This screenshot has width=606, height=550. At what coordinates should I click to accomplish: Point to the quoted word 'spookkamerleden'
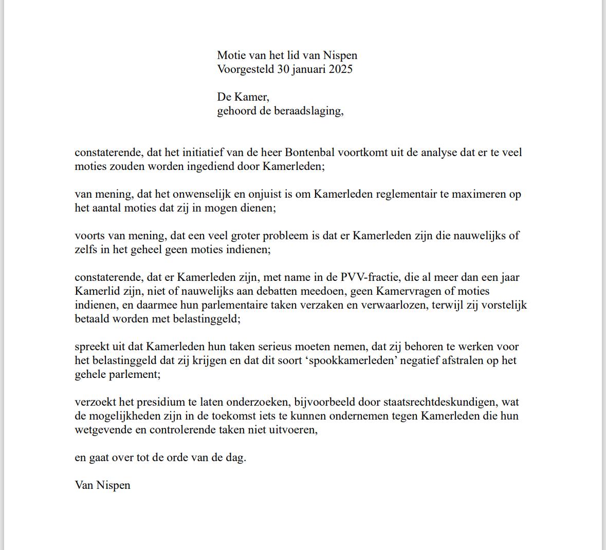click(x=351, y=361)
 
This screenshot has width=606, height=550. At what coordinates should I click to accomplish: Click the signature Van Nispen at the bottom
click(x=102, y=485)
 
